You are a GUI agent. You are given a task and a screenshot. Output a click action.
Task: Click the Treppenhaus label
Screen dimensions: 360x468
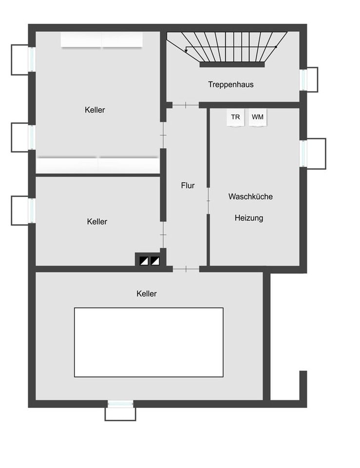231,84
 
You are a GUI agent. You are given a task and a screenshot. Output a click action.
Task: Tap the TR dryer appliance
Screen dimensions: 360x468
235,117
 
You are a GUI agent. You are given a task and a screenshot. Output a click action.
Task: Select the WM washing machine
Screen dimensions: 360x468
258,117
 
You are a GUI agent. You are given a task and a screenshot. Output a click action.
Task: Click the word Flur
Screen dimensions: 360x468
188,185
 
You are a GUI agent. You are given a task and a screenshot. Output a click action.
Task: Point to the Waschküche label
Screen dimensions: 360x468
250,196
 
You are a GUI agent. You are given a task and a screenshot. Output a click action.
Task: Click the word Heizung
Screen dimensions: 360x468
249,218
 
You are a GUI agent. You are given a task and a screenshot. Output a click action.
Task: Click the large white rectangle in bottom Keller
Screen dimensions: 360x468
149,342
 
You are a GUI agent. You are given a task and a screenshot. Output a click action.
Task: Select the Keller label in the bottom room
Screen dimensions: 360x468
147,293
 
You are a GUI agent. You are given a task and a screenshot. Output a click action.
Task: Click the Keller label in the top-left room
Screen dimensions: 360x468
95,110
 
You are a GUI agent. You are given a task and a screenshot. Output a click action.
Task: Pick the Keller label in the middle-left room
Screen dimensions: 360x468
97,221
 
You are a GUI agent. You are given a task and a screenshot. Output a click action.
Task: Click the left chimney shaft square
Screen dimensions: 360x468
144,261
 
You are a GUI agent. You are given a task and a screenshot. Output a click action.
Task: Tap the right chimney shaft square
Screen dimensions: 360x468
155,261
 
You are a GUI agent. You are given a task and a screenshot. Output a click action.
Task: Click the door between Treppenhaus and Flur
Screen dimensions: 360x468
186,105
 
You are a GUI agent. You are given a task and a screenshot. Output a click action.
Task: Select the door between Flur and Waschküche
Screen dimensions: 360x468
208,201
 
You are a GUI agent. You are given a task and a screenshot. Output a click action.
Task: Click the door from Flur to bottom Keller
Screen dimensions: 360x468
186,269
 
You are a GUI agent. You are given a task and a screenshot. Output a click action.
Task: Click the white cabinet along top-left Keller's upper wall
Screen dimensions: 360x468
102,39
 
